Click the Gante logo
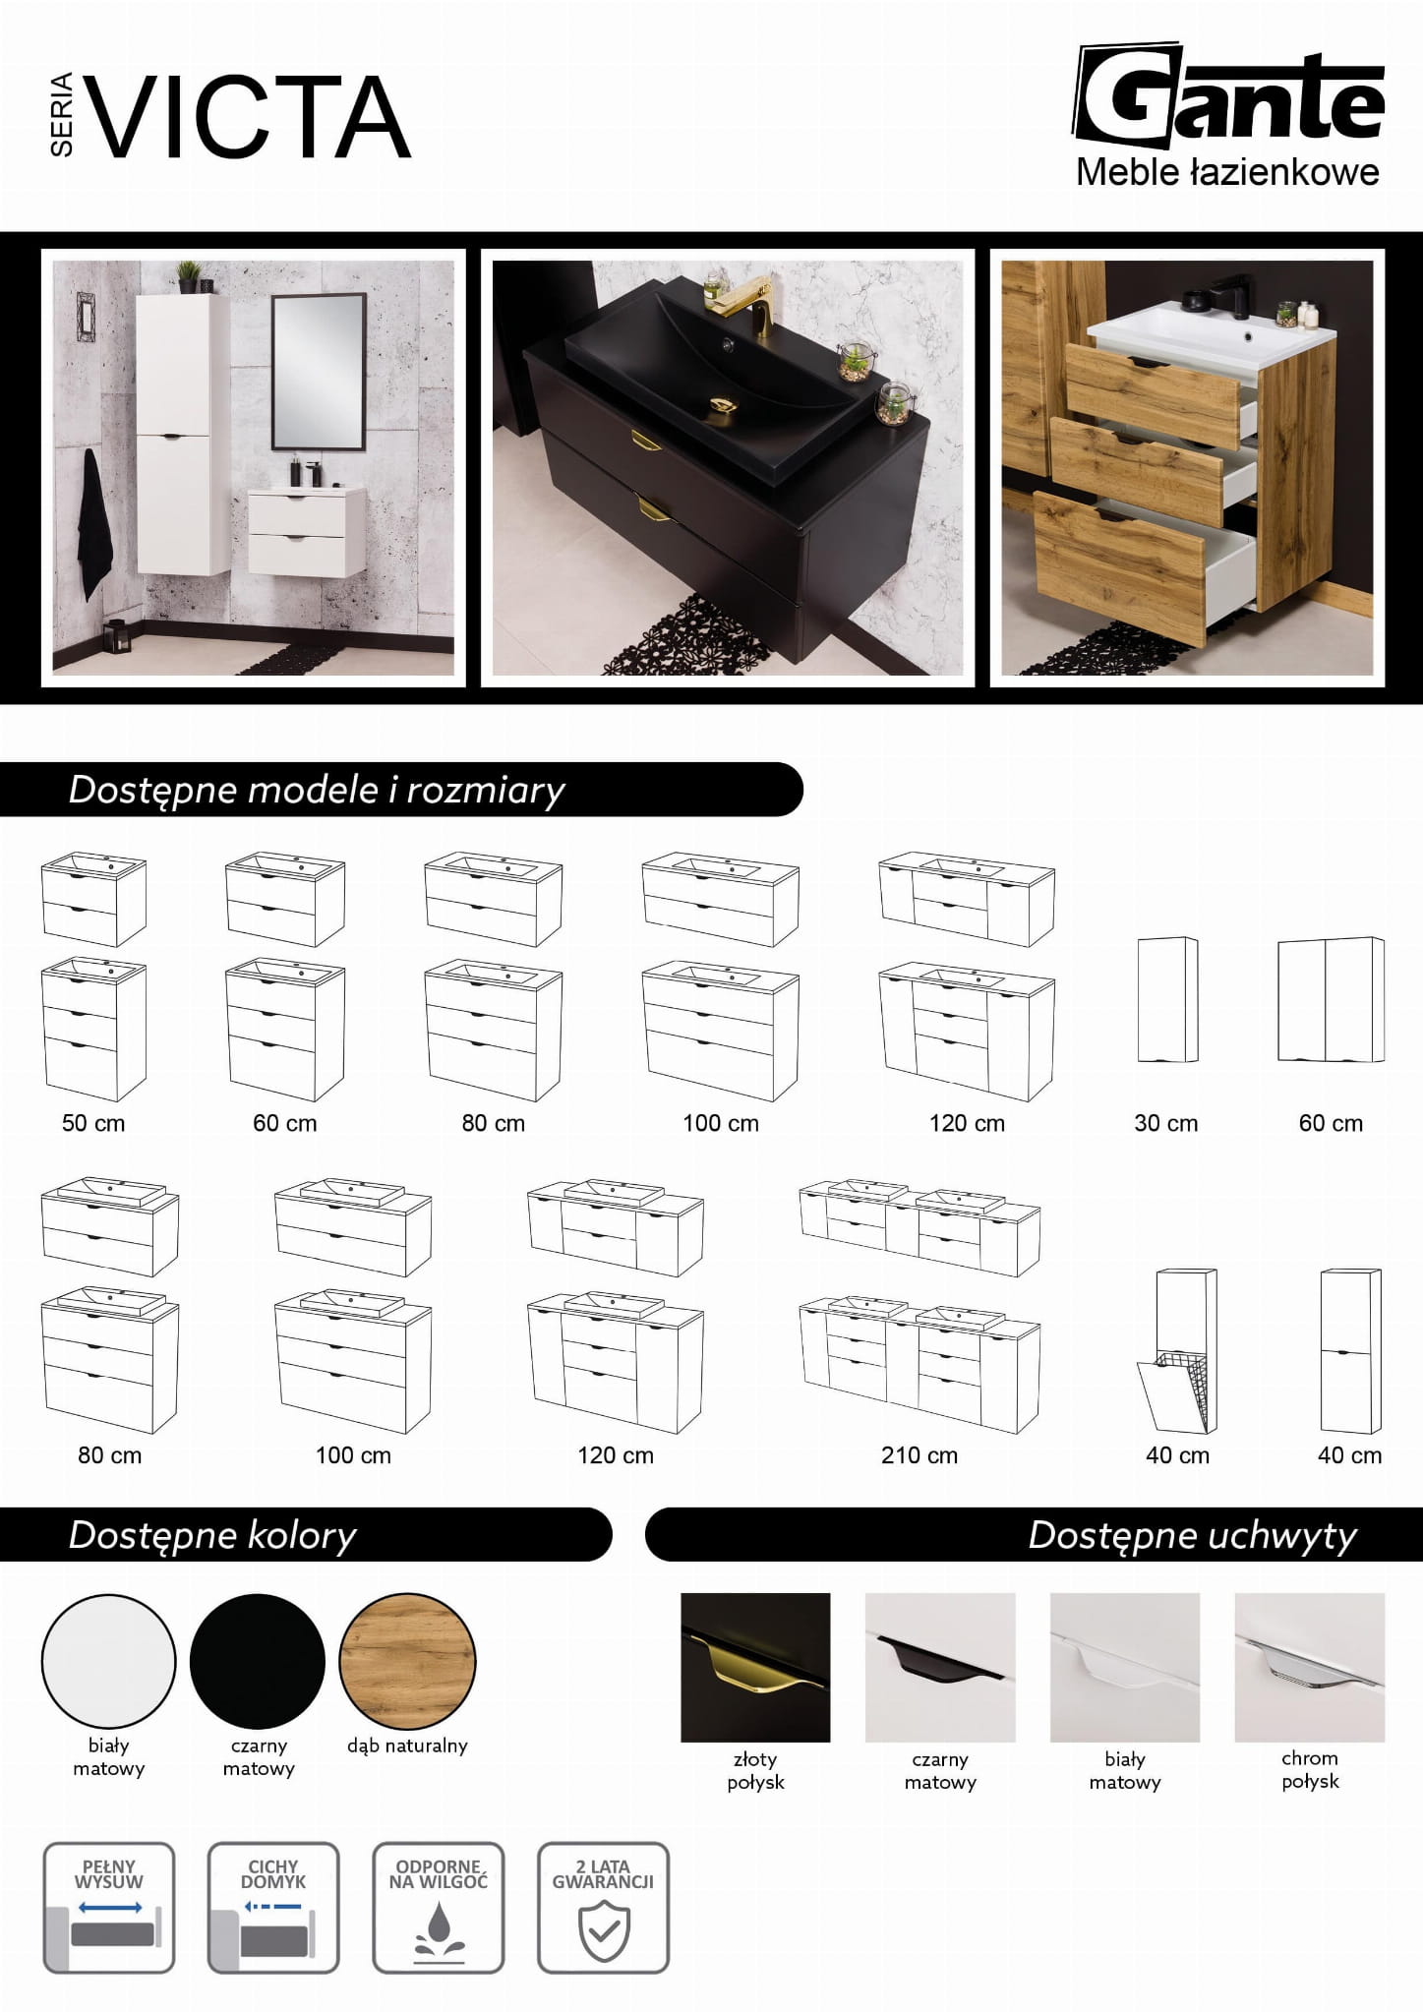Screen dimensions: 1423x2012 click(1228, 115)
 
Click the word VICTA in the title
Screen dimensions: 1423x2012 click(251, 117)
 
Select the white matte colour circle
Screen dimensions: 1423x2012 click(108, 1661)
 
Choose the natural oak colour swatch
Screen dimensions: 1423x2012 click(407, 1661)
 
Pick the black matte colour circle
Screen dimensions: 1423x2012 click(258, 1661)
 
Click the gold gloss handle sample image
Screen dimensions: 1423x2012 click(755, 1667)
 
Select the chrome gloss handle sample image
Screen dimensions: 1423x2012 click(1310, 1667)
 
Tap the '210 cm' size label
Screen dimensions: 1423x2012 click(919, 1455)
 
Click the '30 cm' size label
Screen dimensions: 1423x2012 click(1166, 1123)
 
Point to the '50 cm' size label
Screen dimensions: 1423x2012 click(93, 1123)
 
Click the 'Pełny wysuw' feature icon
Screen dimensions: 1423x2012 click(109, 1908)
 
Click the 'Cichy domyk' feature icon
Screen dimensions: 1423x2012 click(273, 1908)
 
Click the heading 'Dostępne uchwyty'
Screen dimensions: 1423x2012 click(1193, 1535)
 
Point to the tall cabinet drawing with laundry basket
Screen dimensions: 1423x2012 click(1177, 1351)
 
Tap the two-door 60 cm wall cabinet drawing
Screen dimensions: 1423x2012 click(1331, 999)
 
